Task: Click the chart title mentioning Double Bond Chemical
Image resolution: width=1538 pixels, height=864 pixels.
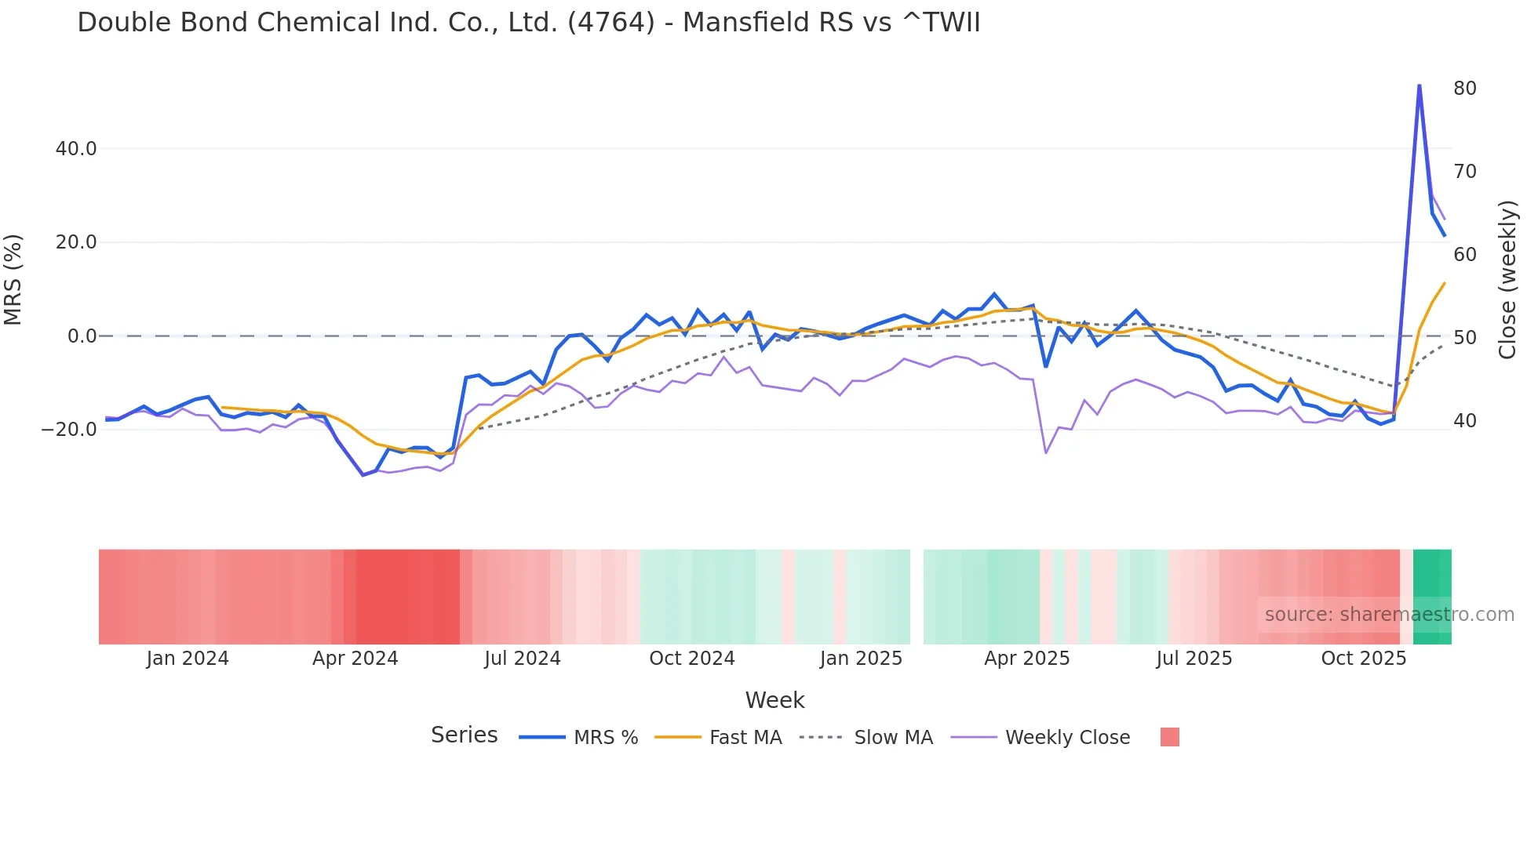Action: point(528,23)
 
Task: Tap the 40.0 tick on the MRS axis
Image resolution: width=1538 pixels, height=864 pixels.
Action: point(76,149)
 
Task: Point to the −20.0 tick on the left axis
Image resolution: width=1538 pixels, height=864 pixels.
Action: point(70,430)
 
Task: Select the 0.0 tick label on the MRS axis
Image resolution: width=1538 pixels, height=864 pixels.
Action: point(82,336)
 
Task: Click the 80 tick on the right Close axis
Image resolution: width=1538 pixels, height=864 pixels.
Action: point(1464,89)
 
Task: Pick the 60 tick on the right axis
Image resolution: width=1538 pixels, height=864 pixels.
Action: point(1464,255)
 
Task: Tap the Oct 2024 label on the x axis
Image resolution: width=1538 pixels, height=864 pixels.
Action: point(691,659)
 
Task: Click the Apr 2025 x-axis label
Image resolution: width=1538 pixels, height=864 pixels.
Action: point(1026,659)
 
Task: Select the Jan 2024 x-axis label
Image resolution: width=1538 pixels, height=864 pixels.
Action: point(188,659)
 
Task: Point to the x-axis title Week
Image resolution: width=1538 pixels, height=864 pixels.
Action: point(774,700)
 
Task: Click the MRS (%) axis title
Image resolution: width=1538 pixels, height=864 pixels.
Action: point(13,280)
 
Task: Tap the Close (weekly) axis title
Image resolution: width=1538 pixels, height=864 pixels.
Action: point(1507,280)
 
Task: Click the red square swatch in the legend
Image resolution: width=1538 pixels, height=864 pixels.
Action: point(1169,738)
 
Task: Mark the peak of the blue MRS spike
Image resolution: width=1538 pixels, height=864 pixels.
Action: point(1419,85)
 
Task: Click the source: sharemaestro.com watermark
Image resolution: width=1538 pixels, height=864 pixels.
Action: point(1389,615)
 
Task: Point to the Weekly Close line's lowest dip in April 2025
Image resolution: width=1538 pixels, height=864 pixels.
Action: point(1045,452)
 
